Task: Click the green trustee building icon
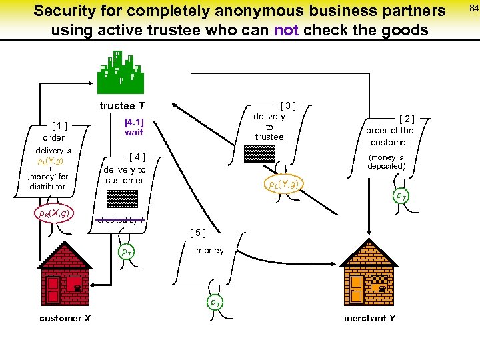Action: pos(120,72)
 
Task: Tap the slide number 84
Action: pos(473,8)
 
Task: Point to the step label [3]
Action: pos(287,104)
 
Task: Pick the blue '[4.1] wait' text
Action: pos(134,127)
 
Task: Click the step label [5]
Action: pos(197,233)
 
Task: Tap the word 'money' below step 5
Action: pos(209,250)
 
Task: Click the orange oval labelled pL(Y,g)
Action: pos(283,184)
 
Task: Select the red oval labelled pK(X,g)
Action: pos(54,214)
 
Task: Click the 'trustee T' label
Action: pos(122,106)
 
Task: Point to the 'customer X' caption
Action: pos(64,318)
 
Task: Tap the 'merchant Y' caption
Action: pos(369,318)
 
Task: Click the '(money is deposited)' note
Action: pos(386,162)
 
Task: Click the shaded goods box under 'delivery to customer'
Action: pos(123,199)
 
